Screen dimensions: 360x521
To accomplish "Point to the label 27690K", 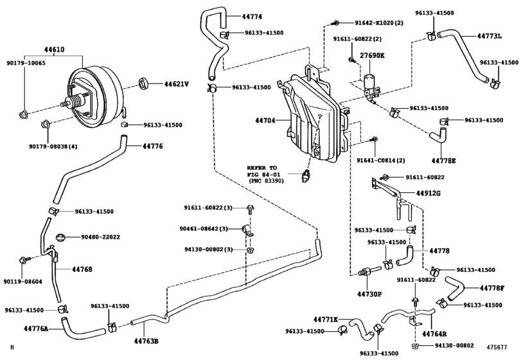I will (x=372, y=56).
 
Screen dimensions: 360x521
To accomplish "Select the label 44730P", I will (x=370, y=294).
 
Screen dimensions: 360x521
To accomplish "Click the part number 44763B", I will (x=146, y=341).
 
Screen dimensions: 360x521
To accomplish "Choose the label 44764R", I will (x=434, y=335).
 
